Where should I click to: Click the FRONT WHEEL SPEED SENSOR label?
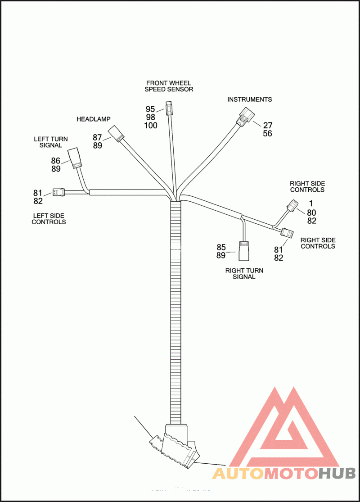[168, 86]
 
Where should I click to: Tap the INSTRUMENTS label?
[249, 99]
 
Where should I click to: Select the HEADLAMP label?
[93, 119]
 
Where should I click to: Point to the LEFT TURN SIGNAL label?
[51, 142]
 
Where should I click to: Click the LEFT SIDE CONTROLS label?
[49, 218]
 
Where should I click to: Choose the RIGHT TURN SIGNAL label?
[244, 274]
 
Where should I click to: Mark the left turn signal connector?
[74, 158]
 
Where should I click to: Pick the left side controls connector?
[58, 192]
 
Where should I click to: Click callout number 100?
[151, 126]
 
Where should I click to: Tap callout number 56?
[267, 134]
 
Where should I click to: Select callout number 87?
[98, 137]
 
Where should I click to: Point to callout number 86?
[55, 161]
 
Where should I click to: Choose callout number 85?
[221, 247]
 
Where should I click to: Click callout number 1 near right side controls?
[310, 204]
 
